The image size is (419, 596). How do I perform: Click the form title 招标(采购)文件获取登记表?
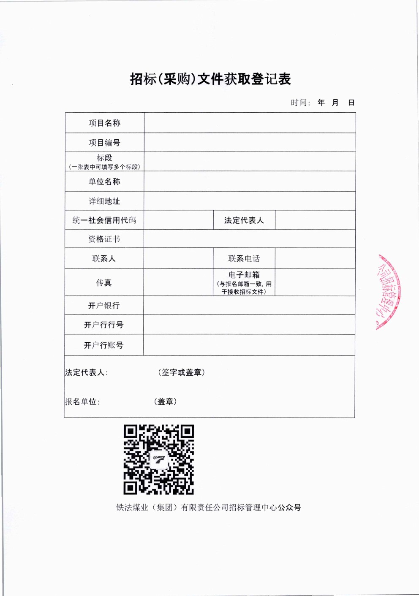pyautogui.click(x=210, y=79)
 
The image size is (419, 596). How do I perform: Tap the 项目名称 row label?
pyautogui.click(x=104, y=123)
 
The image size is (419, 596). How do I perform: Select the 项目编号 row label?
pyautogui.click(x=104, y=143)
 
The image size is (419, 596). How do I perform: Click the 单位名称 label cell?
pyautogui.click(x=104, y=182)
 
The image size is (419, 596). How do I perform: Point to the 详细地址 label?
pyautogui.click(x=104, y=201)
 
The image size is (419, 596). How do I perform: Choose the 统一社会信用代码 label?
pyautogui.click(x=104, y=220)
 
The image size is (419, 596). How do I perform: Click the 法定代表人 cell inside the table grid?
pyautogui.click(x=244, y=220)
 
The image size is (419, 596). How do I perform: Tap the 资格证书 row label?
pyautogui.click(x=104, y=239)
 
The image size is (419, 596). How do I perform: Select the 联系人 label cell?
pyautogui.click(x=104, y=259)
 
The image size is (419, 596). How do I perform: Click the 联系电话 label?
pyautogui.click(x=244, y=259)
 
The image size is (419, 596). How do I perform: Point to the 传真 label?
pyautogui.click(x=104, y=283)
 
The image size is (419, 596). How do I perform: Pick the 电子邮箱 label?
pyautogui.click(x=244, y=275)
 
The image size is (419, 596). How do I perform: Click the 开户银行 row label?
pyautogui.click(x=104, y=306)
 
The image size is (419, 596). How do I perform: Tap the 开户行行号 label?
pyautogui.click(x=104, y=325)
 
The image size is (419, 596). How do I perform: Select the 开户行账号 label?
pyautogui.click(x=104, y=345)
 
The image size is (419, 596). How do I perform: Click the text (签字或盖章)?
pyautogui.click(x=181, y=372)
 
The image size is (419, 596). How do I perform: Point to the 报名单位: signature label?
pyautogui.click(x=82, y=402)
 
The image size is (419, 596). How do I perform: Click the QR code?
pyautogui.click(x=159, y=459)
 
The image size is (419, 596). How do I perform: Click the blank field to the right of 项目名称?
pyautogui.click(x=250, y=123)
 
